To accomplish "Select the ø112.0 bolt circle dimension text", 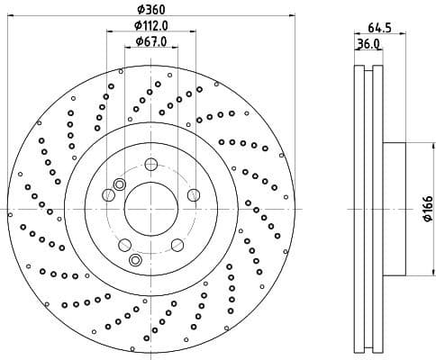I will (x=151, y=24).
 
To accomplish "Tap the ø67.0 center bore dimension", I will (x=151, y=41).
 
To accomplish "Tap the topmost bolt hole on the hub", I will (x=151, y=164).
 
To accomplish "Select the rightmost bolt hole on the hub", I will (x=193, y=194).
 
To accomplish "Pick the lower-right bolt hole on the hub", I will (x=177, y=244).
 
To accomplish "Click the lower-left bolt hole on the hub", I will (x=125, y=245).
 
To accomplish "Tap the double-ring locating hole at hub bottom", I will (x=136, y=261).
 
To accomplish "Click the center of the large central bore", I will (x=151, y=208).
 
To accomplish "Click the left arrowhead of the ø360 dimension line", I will (x=11, y=16).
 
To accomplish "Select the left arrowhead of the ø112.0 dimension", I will (x=110, y=32).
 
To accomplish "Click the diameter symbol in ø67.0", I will (x=139, y=41).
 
